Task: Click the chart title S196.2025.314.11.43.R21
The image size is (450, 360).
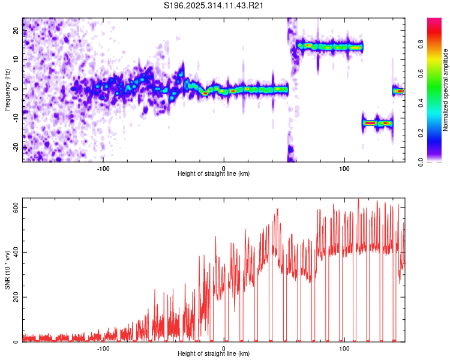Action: click(213, 5)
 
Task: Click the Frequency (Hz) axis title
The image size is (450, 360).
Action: click(7, 90)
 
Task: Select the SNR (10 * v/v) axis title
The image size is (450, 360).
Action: click(7, 270)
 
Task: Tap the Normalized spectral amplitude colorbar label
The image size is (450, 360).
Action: click(445, 90)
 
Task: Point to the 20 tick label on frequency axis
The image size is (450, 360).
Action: click(16, 30)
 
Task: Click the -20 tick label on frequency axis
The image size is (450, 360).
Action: click(16, 147)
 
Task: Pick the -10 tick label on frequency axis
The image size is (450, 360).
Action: click(16, 118)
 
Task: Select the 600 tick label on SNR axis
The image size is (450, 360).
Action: click(16, 207)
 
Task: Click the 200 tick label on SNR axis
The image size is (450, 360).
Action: click(16, 297)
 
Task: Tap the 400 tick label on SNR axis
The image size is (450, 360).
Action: click(16, 252)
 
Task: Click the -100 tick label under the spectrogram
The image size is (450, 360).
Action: click(103, 169)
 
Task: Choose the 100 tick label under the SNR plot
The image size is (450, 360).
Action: click(344, 349)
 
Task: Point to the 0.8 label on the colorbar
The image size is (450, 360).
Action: click(421, 44)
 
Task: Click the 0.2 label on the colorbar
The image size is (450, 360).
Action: click(421, 133)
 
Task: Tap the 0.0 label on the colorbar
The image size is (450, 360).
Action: click(421, 162)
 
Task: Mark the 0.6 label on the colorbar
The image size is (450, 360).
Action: click(421, 74)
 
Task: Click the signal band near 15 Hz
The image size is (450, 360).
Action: click(330, 47)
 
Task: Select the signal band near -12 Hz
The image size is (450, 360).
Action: click(377, 123)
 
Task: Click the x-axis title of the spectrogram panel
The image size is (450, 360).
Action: click(214, 173)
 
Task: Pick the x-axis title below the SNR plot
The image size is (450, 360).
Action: click(214, 353)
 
